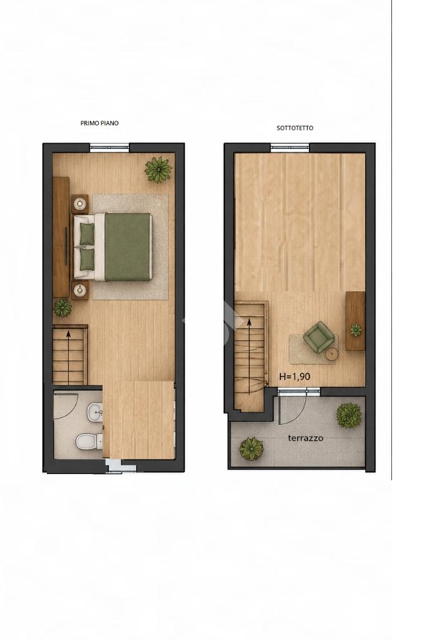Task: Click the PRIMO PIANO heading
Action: click(99, 123)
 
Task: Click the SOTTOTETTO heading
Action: click(294, 128)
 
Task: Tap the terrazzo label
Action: click(306, 438)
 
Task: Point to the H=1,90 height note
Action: click(294, 376)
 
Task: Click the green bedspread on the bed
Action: click(127, 247)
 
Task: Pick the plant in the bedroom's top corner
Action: click(158, 169)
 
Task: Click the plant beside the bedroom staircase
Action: click(63, 308)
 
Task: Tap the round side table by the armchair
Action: click(332, 355)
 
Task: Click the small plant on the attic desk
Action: click(356, 330)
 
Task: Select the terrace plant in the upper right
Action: click(349, 415)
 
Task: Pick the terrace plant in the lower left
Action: click(251, 449)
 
